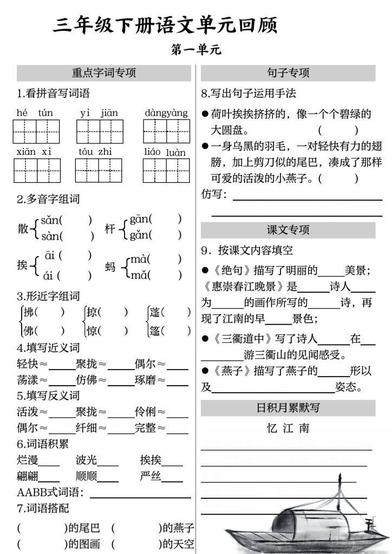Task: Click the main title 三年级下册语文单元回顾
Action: [165, 25]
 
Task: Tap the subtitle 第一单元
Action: [195, 50]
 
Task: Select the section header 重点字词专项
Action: [104, 73]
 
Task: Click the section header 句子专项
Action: [288, 73]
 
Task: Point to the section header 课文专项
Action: [288, 230]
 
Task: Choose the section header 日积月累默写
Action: [288, 407]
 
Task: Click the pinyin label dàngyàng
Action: [166, 113]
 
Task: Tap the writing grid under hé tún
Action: [36, 131]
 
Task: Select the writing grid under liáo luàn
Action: [166, 170]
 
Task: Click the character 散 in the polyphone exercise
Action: [23, 228]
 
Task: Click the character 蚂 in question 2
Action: [110, 267]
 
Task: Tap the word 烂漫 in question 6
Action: [28, 460]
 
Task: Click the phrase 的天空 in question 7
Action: [177, 544]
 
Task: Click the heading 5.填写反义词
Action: [48, 395]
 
